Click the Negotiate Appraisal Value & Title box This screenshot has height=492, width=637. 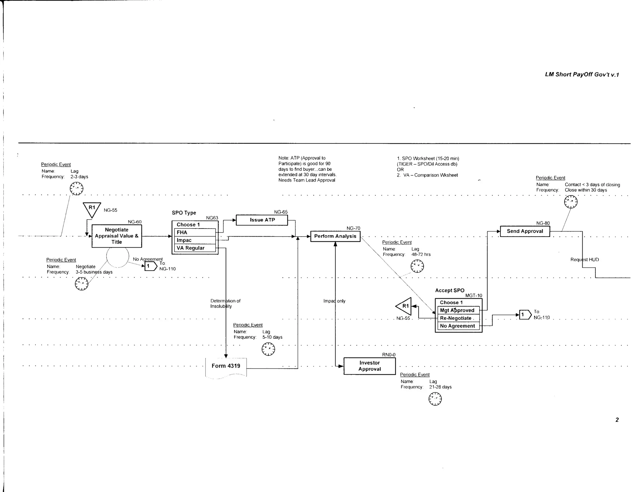coord(117,236)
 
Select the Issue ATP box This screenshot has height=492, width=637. coord(262,220)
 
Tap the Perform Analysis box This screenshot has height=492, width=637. coord(335,236)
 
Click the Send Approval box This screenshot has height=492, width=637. coord(525,231)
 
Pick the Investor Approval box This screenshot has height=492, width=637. coord(370,366)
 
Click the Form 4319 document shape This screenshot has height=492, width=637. coord(226,366)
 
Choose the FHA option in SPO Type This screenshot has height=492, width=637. coord(195,233)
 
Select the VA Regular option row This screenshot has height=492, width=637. coord(195,248)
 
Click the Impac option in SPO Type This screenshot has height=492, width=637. coord(195,240)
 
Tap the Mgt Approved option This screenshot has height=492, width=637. coord(458,310)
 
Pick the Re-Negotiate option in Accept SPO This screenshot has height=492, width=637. coord(458,318)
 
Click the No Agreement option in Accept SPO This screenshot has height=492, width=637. coord(458,326)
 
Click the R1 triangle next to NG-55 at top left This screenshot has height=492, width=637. coord(92,209)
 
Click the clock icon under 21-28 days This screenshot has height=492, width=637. coord(435,399)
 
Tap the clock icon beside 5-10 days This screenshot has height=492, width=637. coord(268,349)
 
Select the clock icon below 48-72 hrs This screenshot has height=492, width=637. coord(417,266)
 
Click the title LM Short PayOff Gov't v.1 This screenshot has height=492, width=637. coord(582,75)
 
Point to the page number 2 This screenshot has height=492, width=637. coord(617,420)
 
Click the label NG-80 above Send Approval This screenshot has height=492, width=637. coord(543,223)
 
